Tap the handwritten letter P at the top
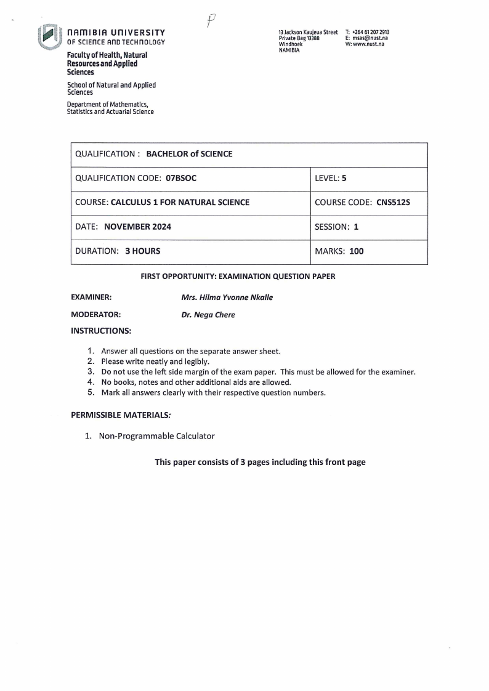(211, 22)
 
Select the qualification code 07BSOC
(182, 178)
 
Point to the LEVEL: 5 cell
(331, 178)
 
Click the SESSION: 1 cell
(336, 227)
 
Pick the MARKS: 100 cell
(339, 251)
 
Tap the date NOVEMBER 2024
(138, 227)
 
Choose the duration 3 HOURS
(142, 251)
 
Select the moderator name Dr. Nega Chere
(208, 315)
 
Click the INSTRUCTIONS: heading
(101, 331)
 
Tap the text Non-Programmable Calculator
(156, 436)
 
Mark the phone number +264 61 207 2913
(371, 32)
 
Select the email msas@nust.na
(370, 38)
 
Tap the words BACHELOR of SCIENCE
(189, 154)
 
